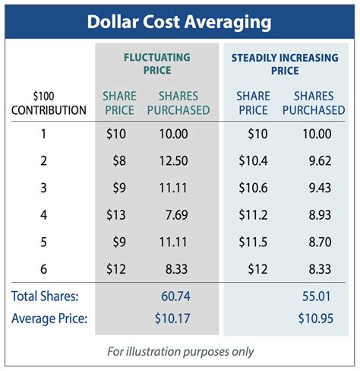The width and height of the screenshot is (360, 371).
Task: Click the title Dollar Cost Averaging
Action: (180, 22)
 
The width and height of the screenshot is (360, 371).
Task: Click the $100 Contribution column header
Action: (49, 103)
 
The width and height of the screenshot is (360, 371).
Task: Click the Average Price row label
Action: (49, 318)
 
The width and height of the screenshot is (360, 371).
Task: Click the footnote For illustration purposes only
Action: (180, 351)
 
